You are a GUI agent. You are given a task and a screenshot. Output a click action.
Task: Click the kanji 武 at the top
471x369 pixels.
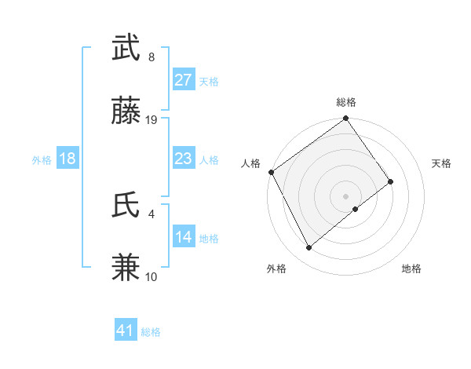[x=126, y=49]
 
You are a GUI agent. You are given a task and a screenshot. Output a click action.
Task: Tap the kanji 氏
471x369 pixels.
[x=126, y=205]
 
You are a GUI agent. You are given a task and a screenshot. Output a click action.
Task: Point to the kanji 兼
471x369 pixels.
[x=126, y=268]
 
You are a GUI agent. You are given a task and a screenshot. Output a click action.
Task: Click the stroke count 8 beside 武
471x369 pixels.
[x=152, y=57]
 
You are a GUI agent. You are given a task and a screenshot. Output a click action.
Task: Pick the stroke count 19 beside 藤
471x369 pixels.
[x=152, y=119]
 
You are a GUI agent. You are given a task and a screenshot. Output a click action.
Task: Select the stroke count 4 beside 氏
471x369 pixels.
[x=152, y=213]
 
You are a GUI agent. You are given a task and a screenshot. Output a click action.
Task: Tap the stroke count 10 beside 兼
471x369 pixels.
[x=152, y=276]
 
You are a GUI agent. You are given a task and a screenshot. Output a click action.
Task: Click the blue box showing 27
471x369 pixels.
[x=183, y=79]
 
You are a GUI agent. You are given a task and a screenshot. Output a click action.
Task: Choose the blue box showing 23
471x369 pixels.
[x=183, y=159]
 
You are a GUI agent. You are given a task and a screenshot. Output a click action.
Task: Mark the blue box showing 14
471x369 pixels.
[x=183, y=237]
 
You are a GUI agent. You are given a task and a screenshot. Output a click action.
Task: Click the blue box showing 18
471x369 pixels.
[x=68, y=159]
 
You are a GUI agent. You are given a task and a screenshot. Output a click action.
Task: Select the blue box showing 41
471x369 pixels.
[x=126, y=331]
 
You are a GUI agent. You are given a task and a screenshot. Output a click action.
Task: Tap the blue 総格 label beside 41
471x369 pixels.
[x=151, y=332]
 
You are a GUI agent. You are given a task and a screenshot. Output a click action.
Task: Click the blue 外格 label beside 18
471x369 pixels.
[x=42, y=159]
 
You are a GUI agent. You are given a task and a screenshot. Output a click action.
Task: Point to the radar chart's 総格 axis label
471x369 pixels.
[x=346, y=102]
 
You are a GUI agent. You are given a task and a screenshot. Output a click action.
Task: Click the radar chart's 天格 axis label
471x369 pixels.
[x=442, y=163]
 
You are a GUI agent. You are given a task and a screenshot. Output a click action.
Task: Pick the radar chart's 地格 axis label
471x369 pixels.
[x=411, y=269]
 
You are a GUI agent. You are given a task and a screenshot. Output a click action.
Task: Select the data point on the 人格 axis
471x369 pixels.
[x=271, y=172]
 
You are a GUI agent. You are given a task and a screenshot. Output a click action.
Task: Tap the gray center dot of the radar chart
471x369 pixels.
[x=345, y=195]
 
